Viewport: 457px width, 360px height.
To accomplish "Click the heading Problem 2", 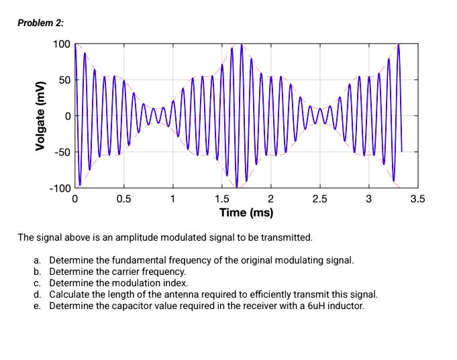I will click(41, 23).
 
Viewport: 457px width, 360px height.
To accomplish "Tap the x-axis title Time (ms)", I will click(246, 213).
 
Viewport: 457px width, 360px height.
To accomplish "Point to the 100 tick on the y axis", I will click(61, 44).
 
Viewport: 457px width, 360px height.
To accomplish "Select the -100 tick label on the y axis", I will click(59, 188).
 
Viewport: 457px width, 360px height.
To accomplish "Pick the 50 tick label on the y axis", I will click(63, 80).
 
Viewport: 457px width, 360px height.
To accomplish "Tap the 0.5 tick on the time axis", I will click(123, 199).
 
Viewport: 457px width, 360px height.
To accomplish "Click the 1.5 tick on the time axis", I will click(221, 199).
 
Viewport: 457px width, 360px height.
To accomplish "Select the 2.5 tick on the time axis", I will click(319, 199).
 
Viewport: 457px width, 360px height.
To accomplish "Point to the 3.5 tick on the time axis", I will click(417, 199).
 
